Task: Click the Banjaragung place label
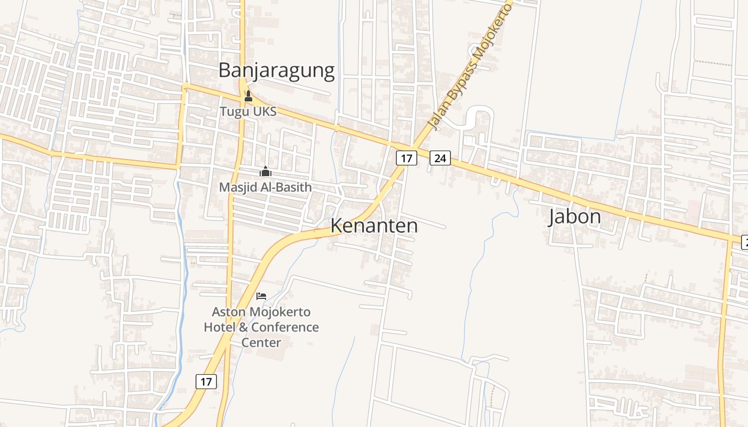(276, 70)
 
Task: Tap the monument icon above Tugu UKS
(248, 97)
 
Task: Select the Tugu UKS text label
(248, 112)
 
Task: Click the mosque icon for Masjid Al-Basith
(266, 172)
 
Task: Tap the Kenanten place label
(374, 226)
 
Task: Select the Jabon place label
(575, 217)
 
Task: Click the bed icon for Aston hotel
(261, 296)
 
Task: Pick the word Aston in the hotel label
(228, 312)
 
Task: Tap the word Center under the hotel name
(261, 342)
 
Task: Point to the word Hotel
(219, 327)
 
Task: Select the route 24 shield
(440, 158)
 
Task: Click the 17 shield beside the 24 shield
(407, 158)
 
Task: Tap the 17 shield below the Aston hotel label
(206, 382)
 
